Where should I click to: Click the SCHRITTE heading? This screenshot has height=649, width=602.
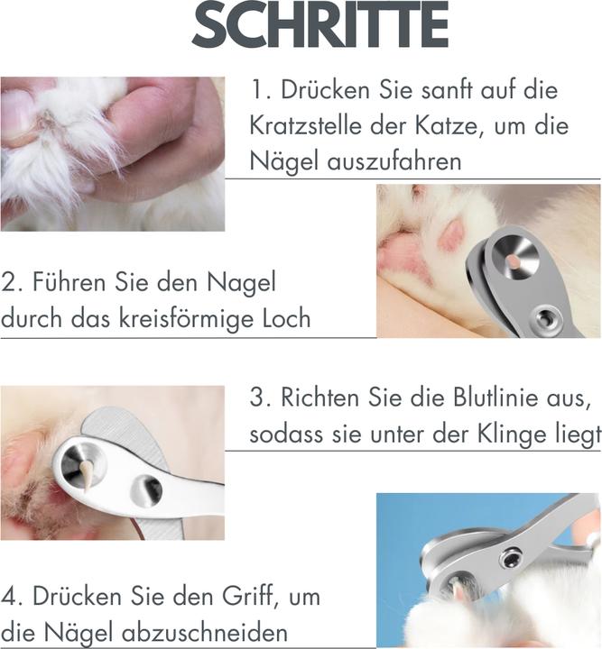[320, 28]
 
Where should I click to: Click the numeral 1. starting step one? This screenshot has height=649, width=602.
[262, 90]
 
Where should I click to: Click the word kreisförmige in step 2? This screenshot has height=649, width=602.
[184, 319]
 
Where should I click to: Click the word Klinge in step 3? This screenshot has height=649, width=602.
[505, 434]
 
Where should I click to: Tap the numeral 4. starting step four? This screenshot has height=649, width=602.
[14, 597]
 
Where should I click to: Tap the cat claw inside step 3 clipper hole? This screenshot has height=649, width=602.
[88, 469]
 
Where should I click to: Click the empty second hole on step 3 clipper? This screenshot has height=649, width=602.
[148, 489]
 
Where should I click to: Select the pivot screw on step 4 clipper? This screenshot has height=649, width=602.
[511, 559]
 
